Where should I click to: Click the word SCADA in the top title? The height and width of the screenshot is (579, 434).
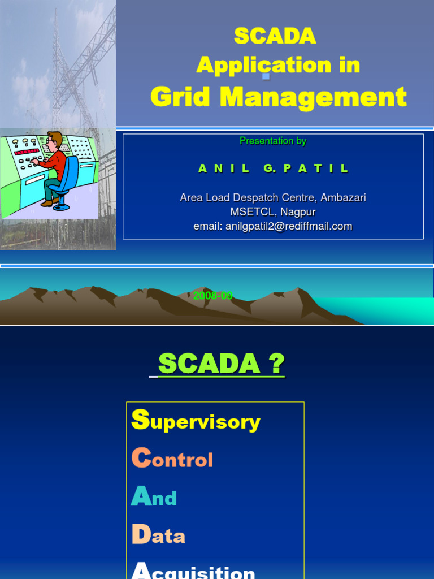tap(275, 36)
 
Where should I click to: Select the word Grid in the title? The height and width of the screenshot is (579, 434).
tap(181, 97)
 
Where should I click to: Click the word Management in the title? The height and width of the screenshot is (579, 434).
tap(313, 97)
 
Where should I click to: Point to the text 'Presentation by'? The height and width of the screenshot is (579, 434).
tap(273, 141)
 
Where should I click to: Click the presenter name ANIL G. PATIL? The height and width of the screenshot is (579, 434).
tap(274, 168)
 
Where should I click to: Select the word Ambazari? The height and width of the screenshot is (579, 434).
tap(344, 197)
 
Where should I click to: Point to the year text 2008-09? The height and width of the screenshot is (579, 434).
tap(213, 296)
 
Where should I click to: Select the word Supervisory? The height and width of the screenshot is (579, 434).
tap(196, 421)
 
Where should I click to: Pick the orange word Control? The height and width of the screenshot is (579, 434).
tap(172, 459)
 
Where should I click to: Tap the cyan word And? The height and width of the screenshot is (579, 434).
tap(154, 498)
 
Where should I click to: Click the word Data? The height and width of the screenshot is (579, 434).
tap(158, 535)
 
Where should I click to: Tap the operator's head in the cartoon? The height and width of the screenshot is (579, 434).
tap(54, 141)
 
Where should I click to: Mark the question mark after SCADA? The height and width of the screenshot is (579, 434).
tap(277, 364)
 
